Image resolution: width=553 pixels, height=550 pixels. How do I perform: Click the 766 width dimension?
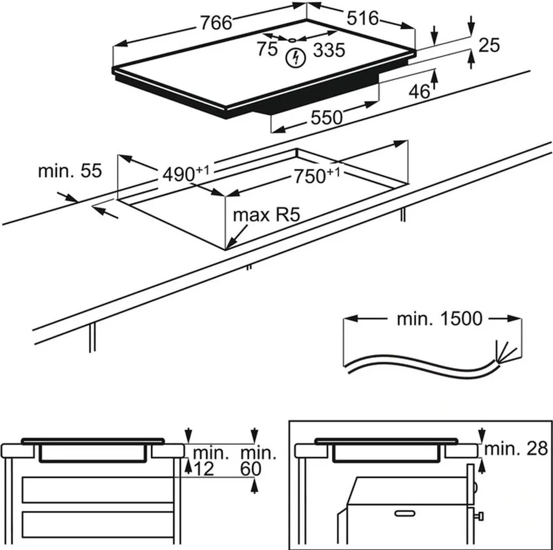pyautogui.click(x=215, y=23)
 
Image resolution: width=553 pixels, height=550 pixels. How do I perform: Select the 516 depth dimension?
pyautogui.click(x=362, y=18)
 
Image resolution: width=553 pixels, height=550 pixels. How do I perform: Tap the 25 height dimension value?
pyautogui.click(x=489, y=46)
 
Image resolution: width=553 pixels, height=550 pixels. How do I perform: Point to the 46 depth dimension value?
pyautogui.click(x=419, y=92)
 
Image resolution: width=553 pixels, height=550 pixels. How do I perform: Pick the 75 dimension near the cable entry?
pyautogui.click(x=267, y=50)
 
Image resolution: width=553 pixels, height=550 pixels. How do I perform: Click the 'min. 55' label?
pyautogui.click(x=70, y=171)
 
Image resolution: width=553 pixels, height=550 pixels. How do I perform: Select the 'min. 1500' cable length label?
pyautogui.click(x=439, y=319)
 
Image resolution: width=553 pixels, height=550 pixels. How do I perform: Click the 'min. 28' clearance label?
pyautogui.click(x=516, y=448)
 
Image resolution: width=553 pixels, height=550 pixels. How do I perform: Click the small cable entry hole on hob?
pyautogui.click(x=292, y=39)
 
